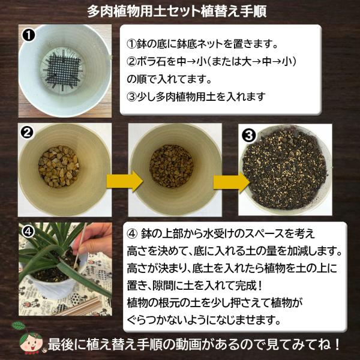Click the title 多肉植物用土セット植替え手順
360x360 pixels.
[177, 11]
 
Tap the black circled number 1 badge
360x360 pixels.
[29, 35]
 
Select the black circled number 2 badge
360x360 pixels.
[27, 133]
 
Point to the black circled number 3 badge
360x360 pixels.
[249, 136]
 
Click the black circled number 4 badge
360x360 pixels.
[28, 232]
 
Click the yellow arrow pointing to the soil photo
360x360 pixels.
[231, 183]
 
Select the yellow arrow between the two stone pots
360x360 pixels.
[125, 181]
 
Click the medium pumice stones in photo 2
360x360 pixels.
[59, 166]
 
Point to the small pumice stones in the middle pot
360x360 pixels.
[171, 166]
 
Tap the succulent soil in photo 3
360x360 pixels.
[284, 169]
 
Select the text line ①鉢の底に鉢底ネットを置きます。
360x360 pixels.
[203, 44]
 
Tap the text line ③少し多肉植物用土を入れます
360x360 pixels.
[196, 97]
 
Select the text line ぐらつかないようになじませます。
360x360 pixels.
[204, 320]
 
